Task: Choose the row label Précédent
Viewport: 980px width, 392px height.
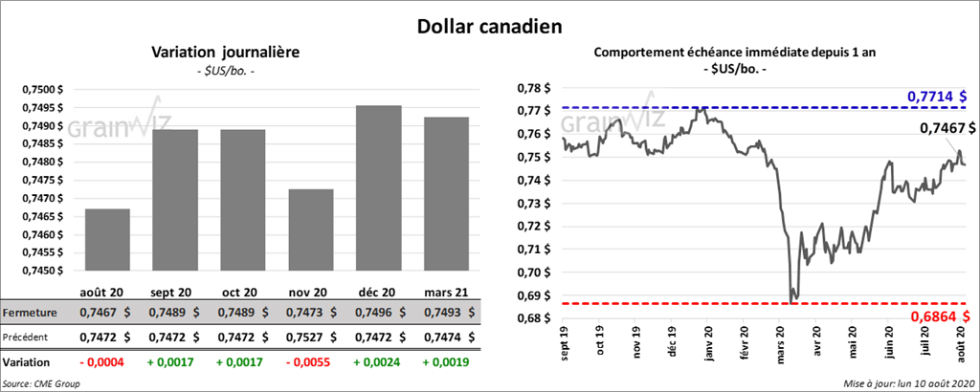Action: point(28,338)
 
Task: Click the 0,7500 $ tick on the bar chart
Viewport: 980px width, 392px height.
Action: point(43,89)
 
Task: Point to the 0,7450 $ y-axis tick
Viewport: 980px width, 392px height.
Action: point(43,271)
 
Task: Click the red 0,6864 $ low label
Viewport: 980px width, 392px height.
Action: point(937,316)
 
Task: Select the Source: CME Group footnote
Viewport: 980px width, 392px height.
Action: point(41,383)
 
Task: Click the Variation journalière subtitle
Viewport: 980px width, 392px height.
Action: point(226,53)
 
